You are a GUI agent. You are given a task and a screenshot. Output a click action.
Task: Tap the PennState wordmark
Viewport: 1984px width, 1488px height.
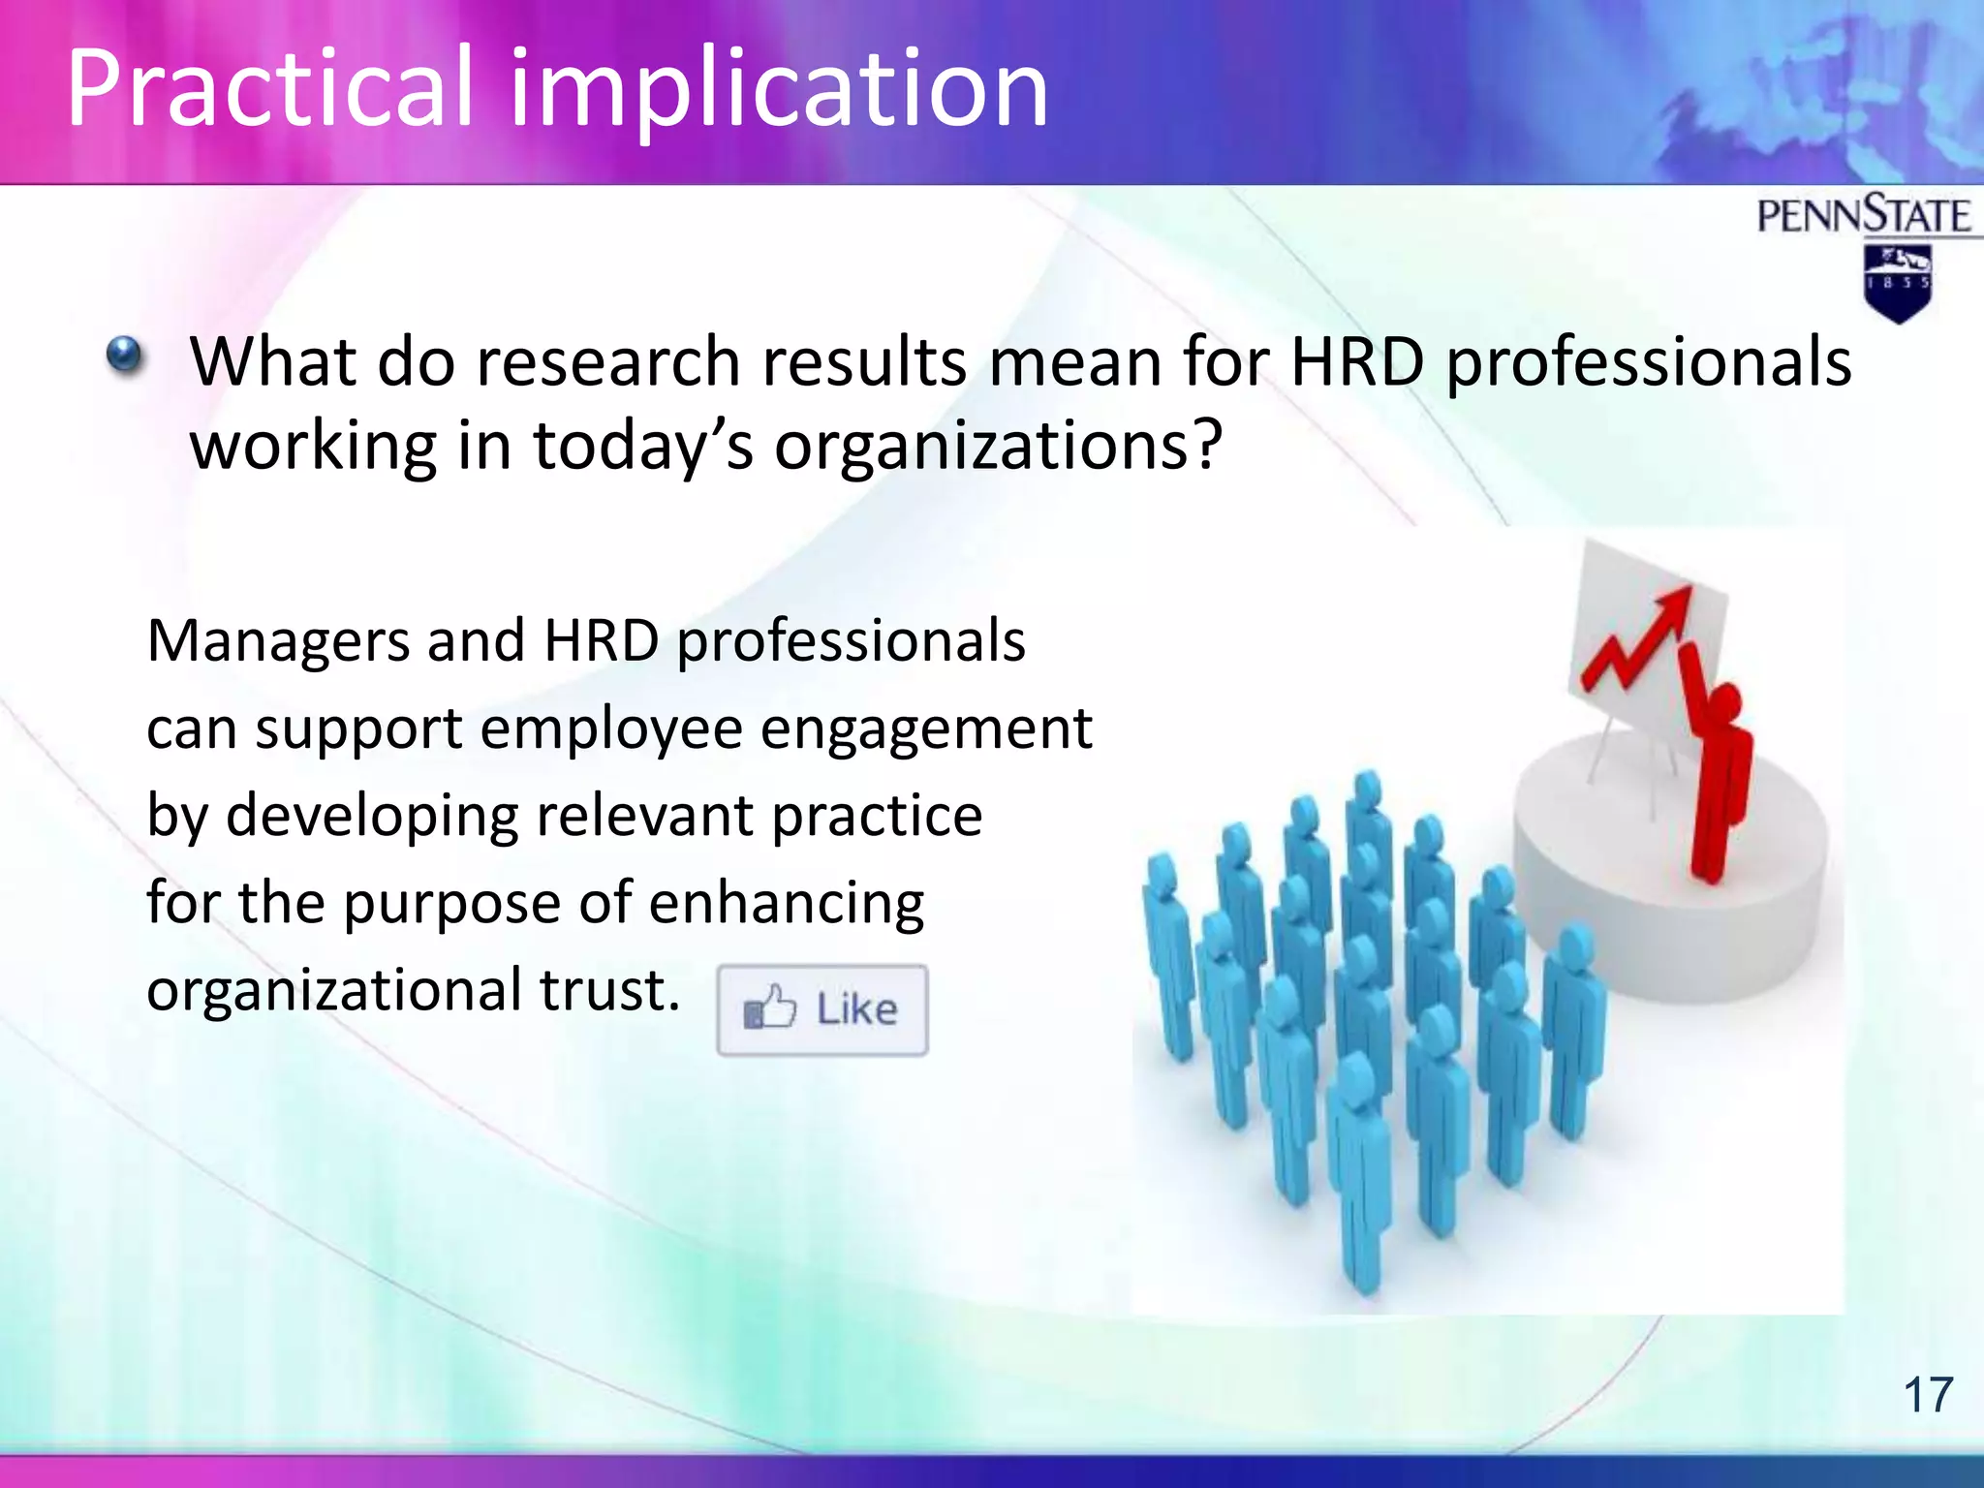coord(1863,215)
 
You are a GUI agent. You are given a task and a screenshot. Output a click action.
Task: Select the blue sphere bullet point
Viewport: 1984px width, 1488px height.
coord(125,356)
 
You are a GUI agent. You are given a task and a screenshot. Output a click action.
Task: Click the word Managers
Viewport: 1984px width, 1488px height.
coord(278,641)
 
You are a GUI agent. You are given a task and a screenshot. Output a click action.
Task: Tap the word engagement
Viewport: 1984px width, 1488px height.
coord(925,728)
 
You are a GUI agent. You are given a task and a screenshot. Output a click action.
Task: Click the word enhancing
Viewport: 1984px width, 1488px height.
coord(786,903)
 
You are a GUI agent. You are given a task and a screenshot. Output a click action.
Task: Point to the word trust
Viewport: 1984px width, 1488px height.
coord(607,990)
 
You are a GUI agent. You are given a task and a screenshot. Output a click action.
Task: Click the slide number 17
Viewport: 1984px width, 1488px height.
coord(1928,1396)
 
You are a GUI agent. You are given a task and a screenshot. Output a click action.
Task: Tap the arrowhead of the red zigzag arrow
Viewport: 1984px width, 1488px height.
coord(1673,605)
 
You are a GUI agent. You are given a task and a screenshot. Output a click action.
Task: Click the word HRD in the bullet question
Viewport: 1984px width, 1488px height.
coord(1357,362)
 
